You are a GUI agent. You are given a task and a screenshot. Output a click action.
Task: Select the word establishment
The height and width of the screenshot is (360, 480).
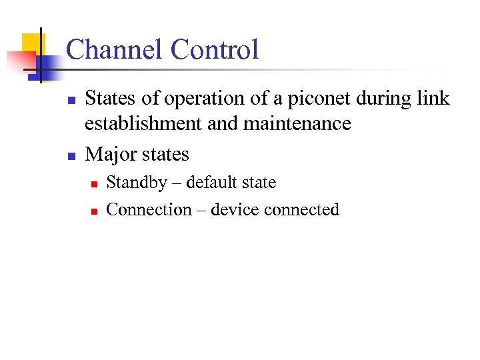pyautogui.click(x=146, y=123)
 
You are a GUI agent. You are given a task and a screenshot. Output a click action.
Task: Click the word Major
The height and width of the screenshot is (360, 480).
pyautogui.click(x=109, y=154)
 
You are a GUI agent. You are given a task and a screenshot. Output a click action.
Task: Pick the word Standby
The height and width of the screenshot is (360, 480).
pyautogui.click(x=137, y=183)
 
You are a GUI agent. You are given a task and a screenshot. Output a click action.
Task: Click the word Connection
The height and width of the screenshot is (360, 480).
pyautogui.click(x=148, y=209)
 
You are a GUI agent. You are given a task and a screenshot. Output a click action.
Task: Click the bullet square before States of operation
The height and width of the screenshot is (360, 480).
pyautogui.click(x=71, y=101)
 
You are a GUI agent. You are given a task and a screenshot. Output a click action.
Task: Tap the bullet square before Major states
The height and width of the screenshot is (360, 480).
pyautogui.click(x=71, y=156)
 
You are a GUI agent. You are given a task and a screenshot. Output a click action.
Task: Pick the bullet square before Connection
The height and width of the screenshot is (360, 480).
pyautogui.click(x=94, y=211)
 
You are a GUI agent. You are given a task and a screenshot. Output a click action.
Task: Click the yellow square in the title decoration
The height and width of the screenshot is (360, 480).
pyautogui.click(x=31, y=43)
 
